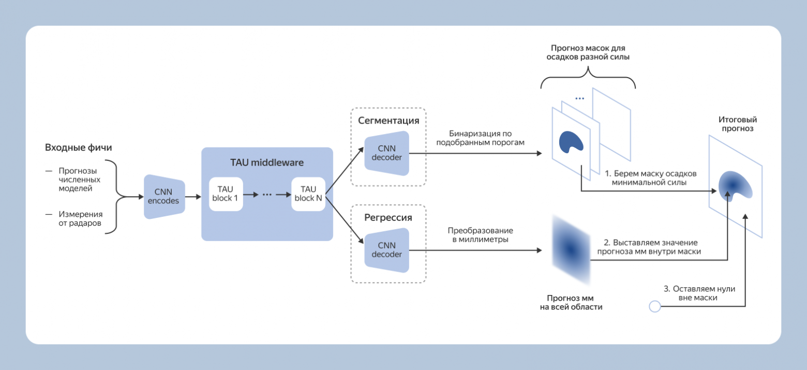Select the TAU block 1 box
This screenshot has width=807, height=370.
(226, 194)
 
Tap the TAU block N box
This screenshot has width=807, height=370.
(308, 194)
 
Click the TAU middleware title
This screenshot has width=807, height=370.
(266, 162)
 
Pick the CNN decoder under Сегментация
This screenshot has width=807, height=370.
(386, 152)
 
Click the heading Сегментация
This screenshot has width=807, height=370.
(388, 121)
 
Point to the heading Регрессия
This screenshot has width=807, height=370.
(388, 218)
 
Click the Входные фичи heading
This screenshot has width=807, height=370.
(79, 148)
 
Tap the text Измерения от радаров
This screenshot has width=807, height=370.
(80, 218)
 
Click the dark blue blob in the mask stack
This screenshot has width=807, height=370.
(571, 141)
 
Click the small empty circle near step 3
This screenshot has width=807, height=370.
(654, 307)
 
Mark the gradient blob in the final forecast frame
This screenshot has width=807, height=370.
(735, 185)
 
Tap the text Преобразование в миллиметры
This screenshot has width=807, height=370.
(481, 235)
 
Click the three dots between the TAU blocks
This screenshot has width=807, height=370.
(267, 195)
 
